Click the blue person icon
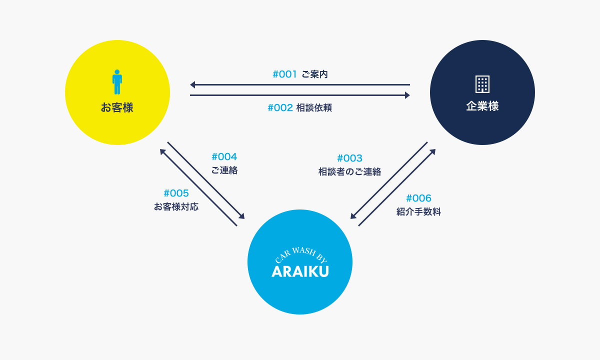click(117, 82)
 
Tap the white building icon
click(482, 84)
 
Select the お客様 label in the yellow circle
click(117, 107)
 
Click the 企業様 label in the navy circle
click(482, 106)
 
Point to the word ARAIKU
click(300, 271)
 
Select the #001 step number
click(284, 74)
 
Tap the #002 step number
click(280, 107)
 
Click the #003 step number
click(349, 158)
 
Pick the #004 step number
click(224, 156)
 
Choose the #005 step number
click(176, 193)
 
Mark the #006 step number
click(418, 198)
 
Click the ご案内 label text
click(314, 74)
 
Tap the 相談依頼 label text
click(314, 107)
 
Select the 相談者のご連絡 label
click(349, 171)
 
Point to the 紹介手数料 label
click(418, 211)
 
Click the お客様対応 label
click(176, 206)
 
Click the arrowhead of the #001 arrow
click(192, 84)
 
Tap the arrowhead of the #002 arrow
click(407, 95)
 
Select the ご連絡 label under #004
click(224, 170)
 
